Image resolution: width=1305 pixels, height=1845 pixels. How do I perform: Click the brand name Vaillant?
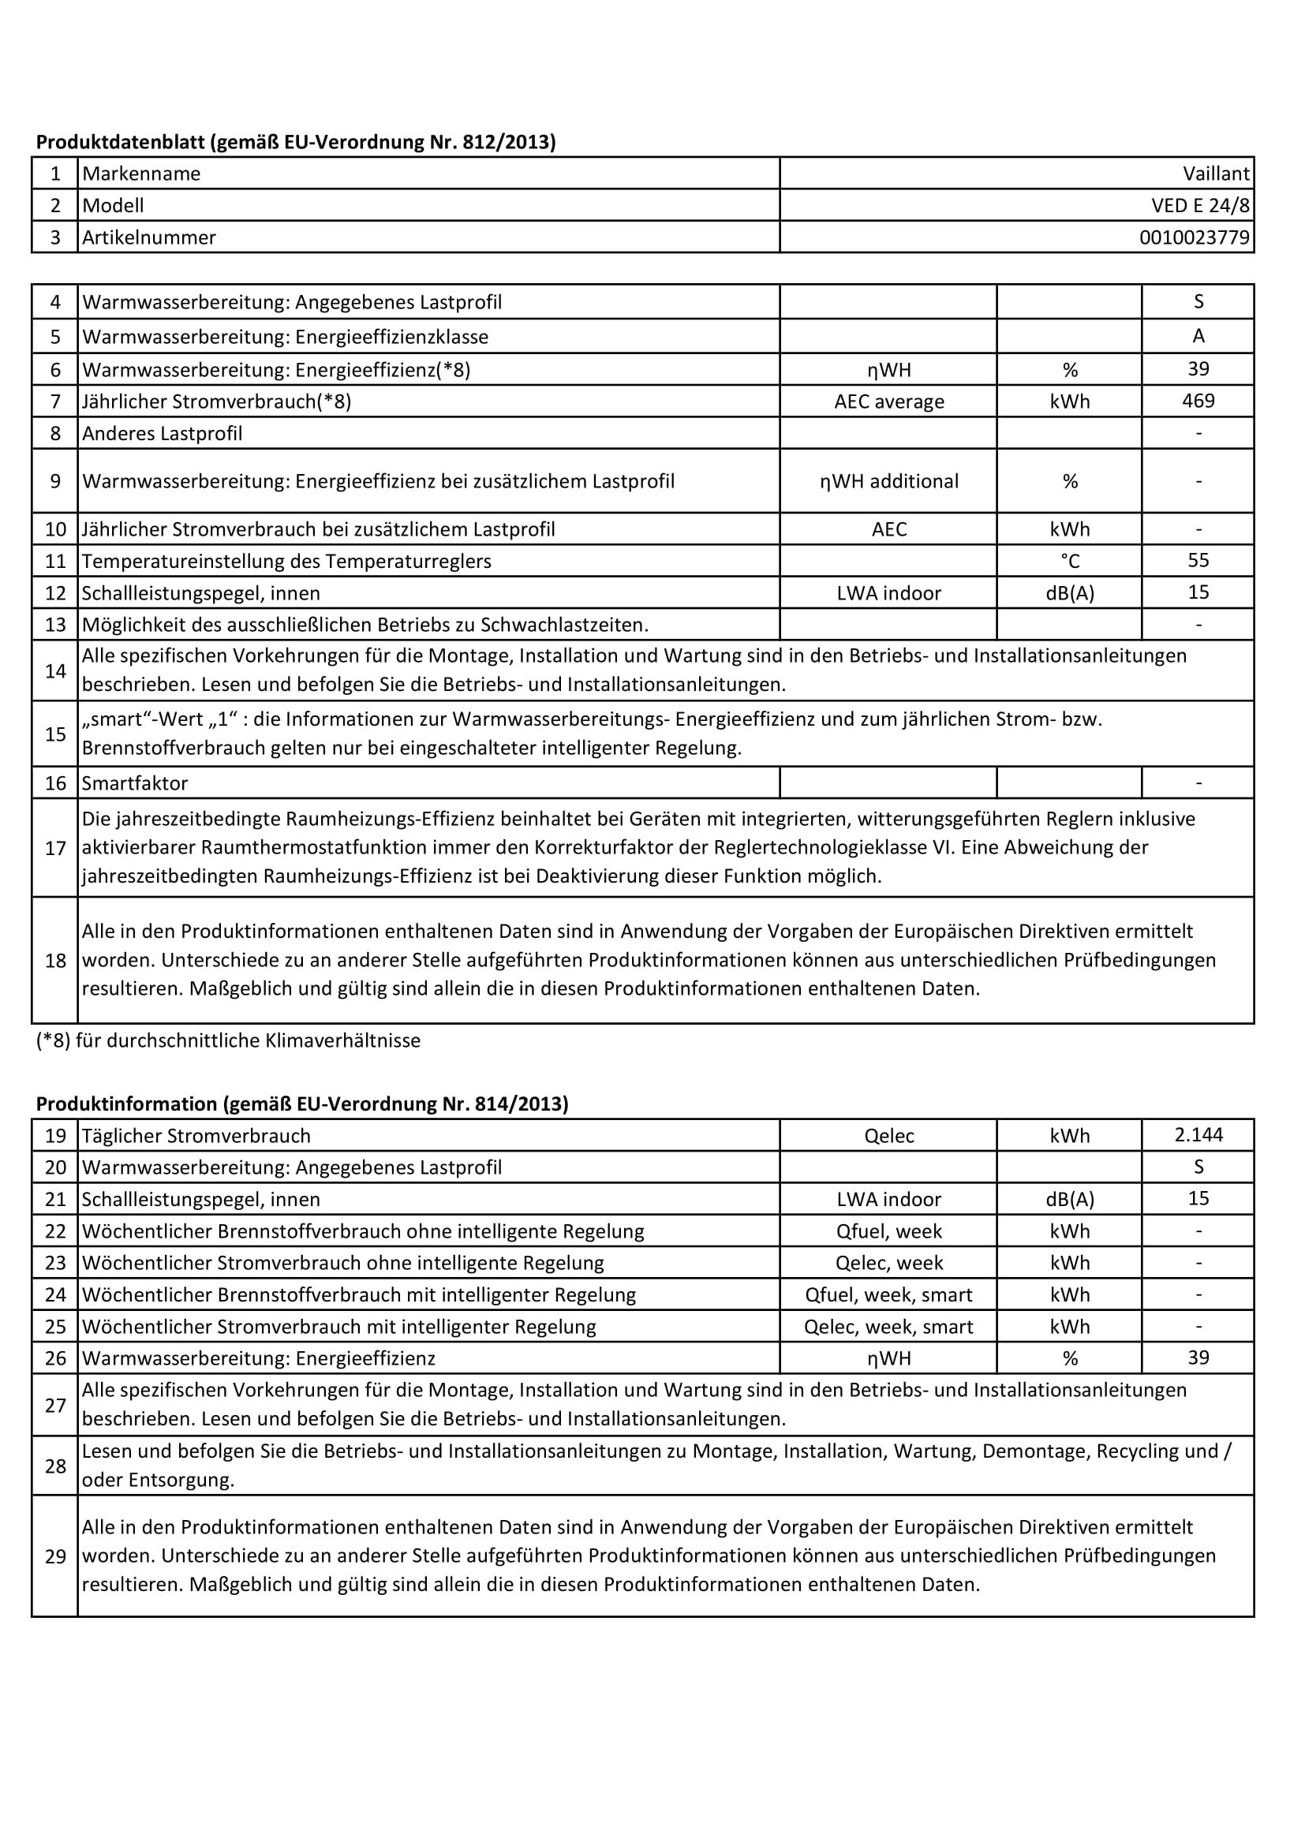(x=1216, y=174)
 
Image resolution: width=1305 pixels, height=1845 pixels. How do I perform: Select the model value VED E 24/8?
(x=1200, y=206)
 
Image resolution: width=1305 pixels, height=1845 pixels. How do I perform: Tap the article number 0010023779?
(x=1194, y=238)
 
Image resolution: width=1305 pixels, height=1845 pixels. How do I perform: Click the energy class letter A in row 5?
(x=1198, y=336)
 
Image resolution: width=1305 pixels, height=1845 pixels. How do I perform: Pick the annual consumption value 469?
(x=1198, y=400)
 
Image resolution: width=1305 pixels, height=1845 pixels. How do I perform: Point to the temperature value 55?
(x=1198, y=560)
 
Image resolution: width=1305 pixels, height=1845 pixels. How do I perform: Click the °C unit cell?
(x=1070, y=560)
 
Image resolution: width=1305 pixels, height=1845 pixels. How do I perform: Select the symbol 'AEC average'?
(x=888, y=401)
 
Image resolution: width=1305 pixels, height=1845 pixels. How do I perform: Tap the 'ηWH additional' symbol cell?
(x=888, y=480)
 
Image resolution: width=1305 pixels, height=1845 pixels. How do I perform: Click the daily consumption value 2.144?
(x=1198, y=1134)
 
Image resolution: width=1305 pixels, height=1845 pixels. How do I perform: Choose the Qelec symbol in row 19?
(x=888, y=1135)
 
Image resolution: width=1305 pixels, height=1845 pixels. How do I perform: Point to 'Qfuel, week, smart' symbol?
(x=888, y=1294)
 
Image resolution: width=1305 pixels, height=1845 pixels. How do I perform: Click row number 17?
(x=55, y=848)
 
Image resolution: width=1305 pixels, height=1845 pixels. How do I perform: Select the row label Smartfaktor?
(x=135, y=782)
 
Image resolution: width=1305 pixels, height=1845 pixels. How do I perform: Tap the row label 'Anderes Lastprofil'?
(x=163, y=433)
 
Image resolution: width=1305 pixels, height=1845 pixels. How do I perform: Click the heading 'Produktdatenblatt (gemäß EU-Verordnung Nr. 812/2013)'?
(x=296, y=142)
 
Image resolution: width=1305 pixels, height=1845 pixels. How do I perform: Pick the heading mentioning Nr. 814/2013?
(x=302, y=1104)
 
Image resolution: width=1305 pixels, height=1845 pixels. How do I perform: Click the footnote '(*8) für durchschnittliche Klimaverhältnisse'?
(x=228, y=1040)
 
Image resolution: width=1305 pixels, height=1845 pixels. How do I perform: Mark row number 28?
(x=55, y=1466)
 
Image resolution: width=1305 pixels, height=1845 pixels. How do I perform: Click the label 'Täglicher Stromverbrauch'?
(x=196, y=1135)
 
